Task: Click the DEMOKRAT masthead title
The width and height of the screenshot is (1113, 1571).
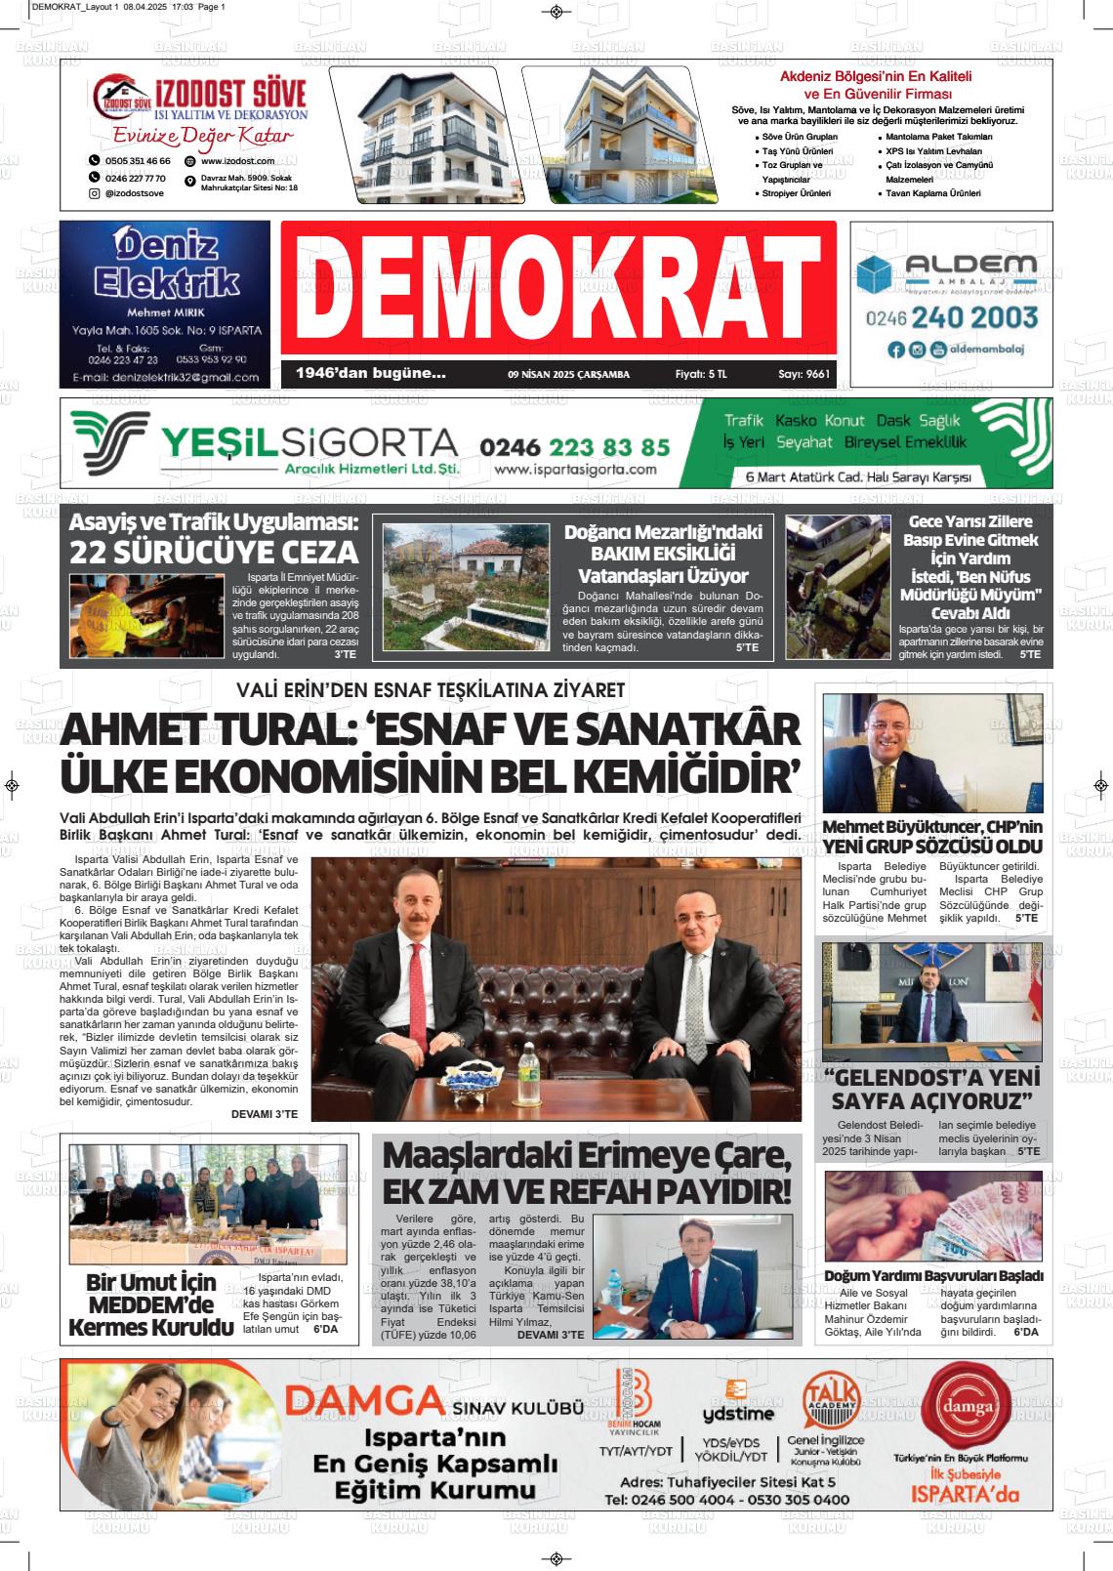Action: point(557,291)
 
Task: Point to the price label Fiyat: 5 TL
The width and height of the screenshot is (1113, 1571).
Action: point(701,374)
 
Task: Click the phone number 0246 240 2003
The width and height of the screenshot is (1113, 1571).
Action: point(951,317)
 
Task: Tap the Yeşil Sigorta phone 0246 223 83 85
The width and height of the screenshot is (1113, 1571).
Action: point(575,446)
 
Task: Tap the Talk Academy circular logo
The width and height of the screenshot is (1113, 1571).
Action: point(830,1399)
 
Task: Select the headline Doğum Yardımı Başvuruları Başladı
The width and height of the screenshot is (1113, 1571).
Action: point(934,1276)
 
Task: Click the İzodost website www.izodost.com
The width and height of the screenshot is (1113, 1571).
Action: point(237,160)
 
